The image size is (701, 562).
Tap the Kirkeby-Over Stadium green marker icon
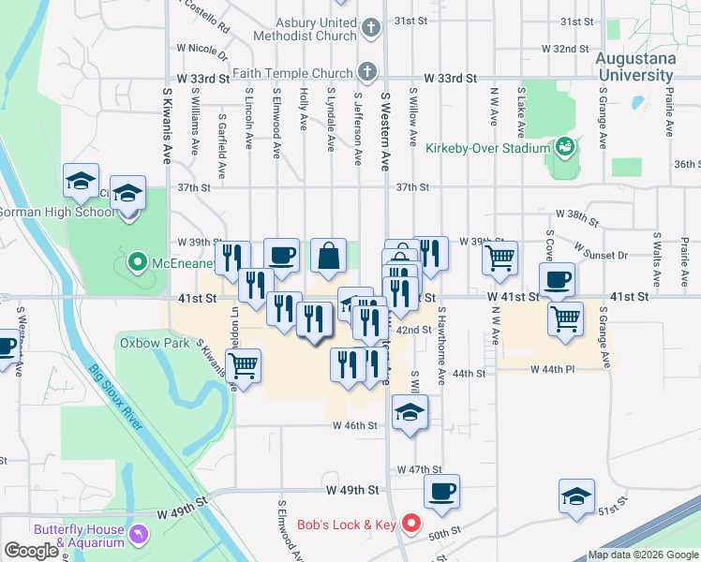(x=564, y=147)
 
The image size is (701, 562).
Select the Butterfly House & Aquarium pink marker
(x=139, y=534)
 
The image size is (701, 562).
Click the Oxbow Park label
(x=142, y=343)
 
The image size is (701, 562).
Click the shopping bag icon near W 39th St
(x=328, y=256)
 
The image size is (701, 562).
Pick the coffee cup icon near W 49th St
(x=441, y=491)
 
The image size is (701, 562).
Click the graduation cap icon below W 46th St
(x=410, y=412)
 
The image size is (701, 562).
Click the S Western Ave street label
(x=384, y=131)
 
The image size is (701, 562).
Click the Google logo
(x=32, y=551)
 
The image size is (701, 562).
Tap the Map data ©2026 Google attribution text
(x=643, y=555)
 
